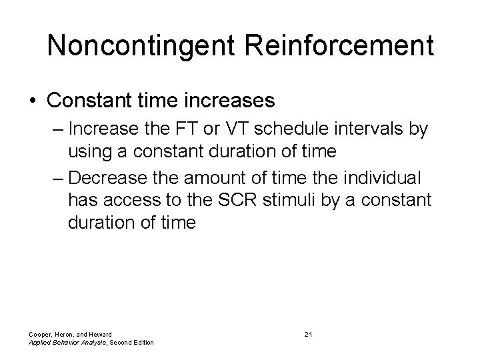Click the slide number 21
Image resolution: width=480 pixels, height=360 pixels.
(307, 333)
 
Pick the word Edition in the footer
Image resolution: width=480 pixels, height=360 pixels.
(141, 343)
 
